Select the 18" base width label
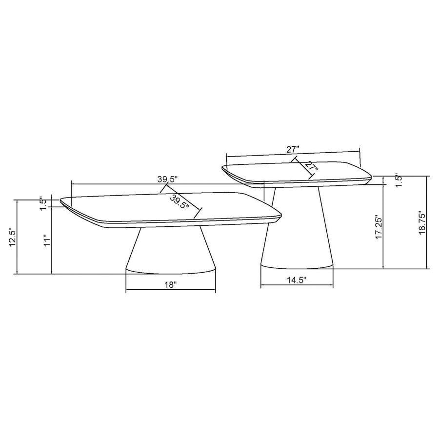pyautogui.click(x=170, y=285)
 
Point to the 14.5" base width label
pyautogui.click(x=297, y=280)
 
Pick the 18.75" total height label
pyautogui.click(x=422, y=223)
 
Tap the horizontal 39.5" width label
pyautogui.click(x=167, y=179)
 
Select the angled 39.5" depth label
pyautogui.click(x=180, y=202)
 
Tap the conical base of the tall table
pyautogui.click(x=297, y=229)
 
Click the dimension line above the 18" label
pyautogui.click(x=170, y=292)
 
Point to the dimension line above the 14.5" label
pyautogui.click(x=297, y=286)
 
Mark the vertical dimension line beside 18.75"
pyautogui.click(x=427, y=222)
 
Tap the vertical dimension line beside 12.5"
pyautogui.click(x=18, y=237)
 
